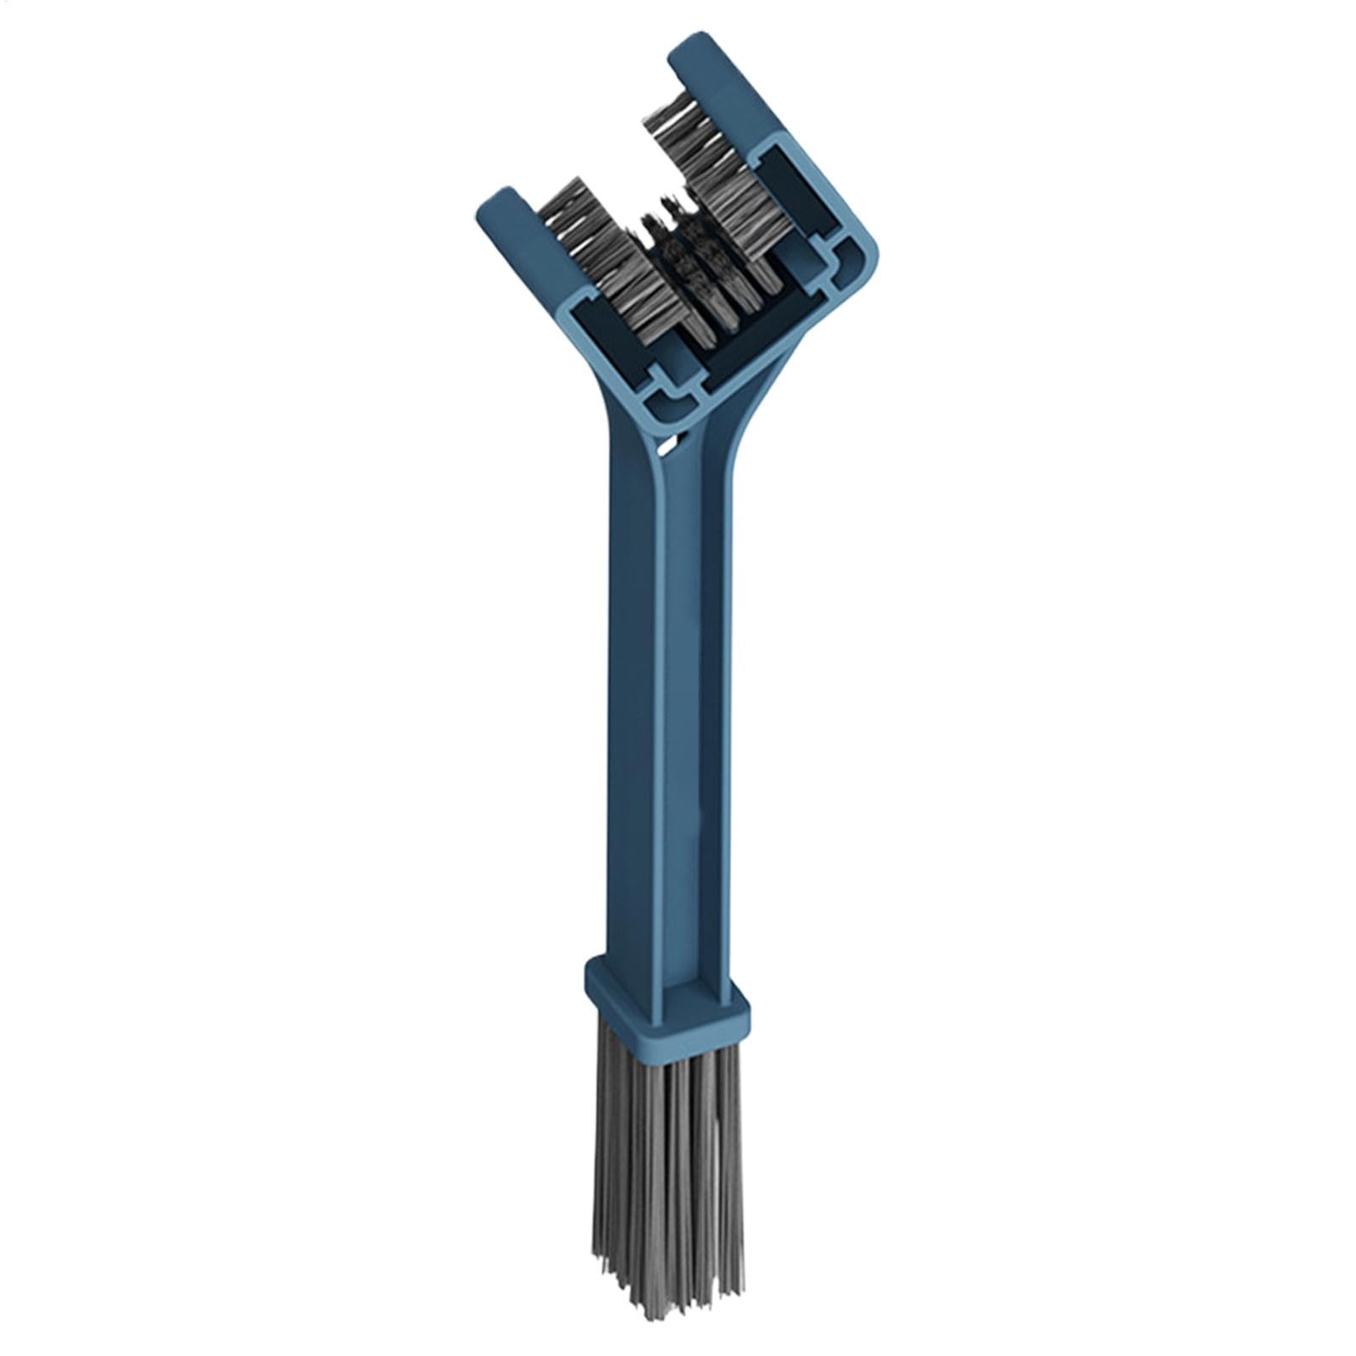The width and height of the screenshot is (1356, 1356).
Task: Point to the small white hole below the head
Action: tap(670, 442)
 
